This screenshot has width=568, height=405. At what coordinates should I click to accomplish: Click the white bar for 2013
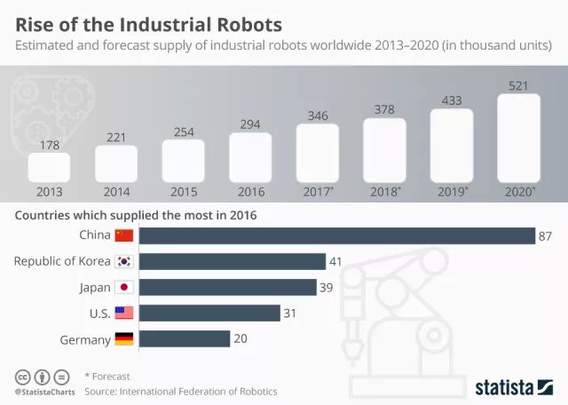[49, 167]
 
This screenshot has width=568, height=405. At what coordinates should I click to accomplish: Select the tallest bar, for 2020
[518, 138]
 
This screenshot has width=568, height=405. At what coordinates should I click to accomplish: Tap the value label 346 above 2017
[317, 115]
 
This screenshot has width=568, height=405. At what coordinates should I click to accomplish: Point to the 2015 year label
[182, 191]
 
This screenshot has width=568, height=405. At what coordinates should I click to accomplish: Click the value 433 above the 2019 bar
[451, 100]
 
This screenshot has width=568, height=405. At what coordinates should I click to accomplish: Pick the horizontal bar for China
[337, 235]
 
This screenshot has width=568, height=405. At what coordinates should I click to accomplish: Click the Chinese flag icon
[123, 235]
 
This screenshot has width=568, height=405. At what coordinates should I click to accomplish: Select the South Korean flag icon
[123, 261]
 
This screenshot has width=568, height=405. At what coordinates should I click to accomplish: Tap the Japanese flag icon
[123, 287]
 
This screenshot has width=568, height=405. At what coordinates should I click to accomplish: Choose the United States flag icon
[123, 313]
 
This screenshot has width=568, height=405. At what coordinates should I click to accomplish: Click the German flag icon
[123, 338]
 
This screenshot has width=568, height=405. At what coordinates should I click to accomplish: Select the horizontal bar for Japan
[228, 287]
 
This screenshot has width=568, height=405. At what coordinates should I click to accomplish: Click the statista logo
[514, 385]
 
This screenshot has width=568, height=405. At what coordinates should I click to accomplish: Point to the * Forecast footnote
[107, 376]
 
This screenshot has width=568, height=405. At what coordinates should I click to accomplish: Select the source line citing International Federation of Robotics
[181, 391]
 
